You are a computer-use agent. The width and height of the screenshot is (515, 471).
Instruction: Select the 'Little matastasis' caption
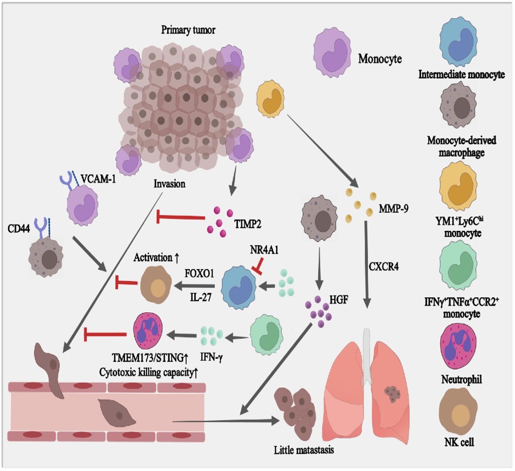pos(303,450)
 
